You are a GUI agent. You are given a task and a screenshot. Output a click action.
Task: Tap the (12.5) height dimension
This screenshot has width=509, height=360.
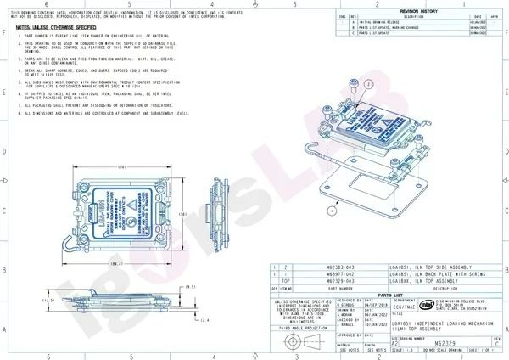coord(48,300)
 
